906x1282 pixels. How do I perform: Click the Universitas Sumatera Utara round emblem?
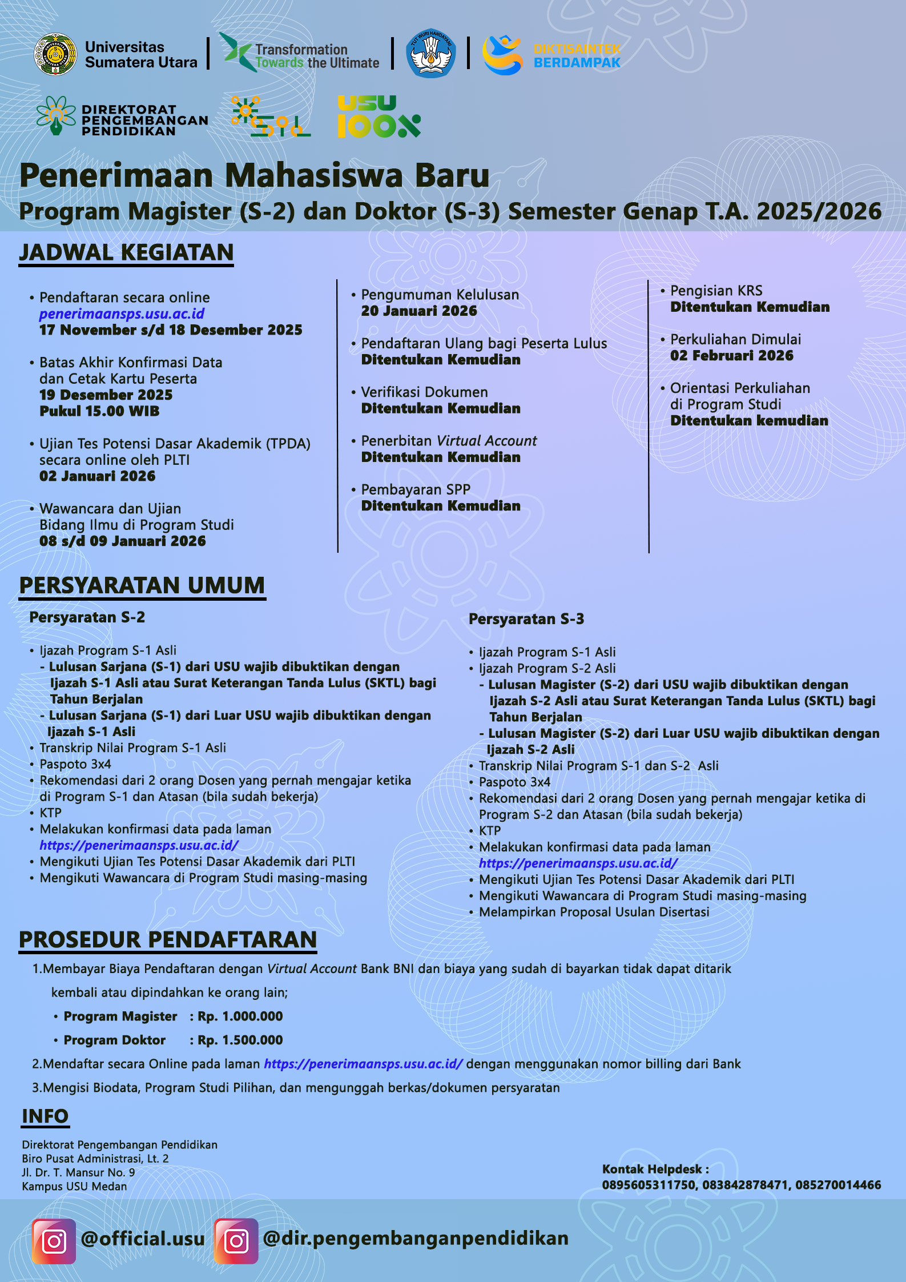55,54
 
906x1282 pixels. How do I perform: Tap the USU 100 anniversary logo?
378,118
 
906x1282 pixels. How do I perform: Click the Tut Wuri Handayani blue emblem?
430,54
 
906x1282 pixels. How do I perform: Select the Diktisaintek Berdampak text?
577,55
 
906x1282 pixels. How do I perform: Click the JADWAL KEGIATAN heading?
126,252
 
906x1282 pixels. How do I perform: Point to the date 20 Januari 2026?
418,311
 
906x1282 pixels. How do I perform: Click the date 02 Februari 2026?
731,356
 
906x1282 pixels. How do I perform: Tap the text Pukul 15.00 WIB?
99,411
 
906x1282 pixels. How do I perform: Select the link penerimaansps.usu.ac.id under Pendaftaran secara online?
122,314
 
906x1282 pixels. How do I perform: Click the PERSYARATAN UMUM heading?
142,586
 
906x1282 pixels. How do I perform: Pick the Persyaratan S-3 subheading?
526,619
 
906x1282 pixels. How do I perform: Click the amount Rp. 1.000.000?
240,1016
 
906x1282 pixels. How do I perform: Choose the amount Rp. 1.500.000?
240,1040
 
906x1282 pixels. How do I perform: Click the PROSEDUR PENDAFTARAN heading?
168,940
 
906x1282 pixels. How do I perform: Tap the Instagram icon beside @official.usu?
54,1241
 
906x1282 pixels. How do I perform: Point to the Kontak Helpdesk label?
655,1169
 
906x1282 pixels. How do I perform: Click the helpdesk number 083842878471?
744,1185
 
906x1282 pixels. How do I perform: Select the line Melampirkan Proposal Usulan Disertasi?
594,912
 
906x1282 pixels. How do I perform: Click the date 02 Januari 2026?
97,476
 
